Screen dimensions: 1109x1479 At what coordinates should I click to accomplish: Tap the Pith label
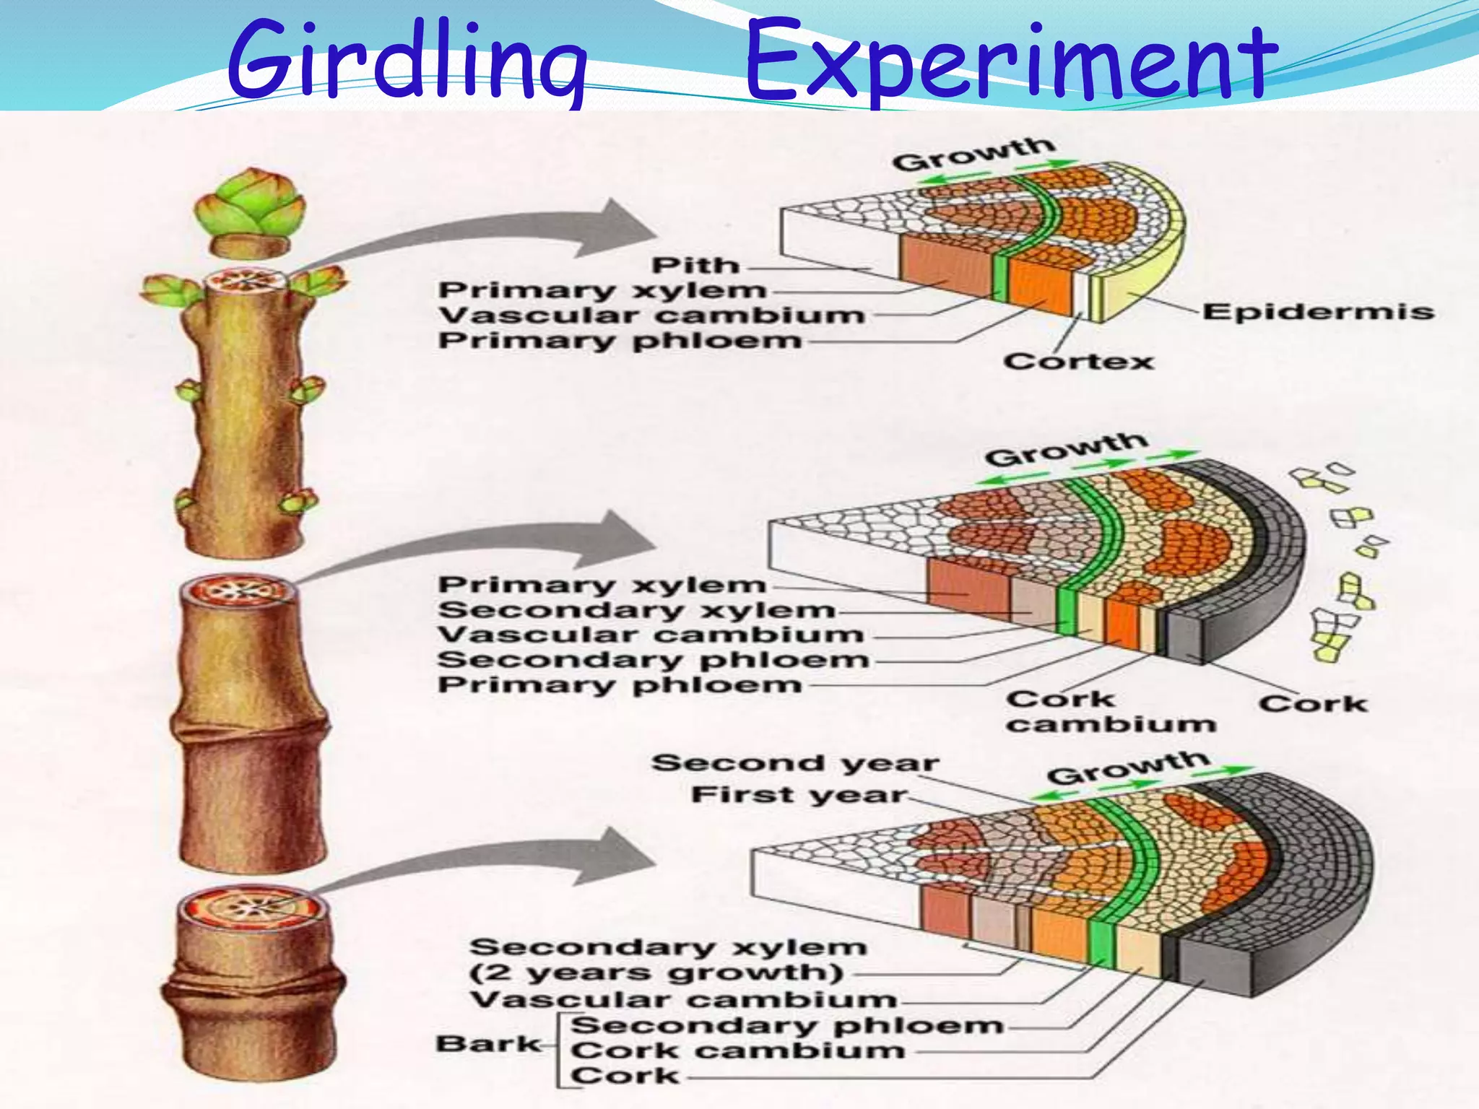[x=695, y=266]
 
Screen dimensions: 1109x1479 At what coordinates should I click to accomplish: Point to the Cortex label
[x=1078, y=361]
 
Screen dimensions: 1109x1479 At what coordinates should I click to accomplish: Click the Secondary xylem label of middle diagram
[x=636, y=610]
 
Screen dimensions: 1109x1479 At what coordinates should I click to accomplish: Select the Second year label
[x=794, y=763]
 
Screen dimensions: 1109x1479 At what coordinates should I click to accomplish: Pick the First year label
[x=798, y=795]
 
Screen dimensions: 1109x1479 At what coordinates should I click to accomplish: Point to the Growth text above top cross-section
[x=973, y=154]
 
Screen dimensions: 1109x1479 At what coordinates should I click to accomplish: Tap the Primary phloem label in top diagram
[x=620, y=341]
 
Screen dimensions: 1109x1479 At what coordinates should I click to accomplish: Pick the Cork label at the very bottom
[x=625, y=1076]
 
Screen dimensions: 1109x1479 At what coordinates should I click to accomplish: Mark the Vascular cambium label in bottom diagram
[x=682, y=1000]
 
